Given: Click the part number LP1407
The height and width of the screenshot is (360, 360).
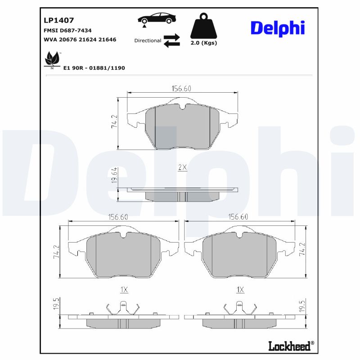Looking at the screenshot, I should click(58, 20).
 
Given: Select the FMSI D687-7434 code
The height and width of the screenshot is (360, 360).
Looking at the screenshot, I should click(67, 30).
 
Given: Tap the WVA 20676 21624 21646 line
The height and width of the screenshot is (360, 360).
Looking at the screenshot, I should click(80, 40).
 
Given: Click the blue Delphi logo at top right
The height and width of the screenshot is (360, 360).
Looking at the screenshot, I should click(278, 28).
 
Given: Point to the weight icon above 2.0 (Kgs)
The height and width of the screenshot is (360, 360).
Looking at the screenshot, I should click(203, 26).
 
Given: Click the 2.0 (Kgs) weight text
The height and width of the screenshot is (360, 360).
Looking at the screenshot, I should click(203, 43).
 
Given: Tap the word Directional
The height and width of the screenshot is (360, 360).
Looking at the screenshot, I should click(148, 40).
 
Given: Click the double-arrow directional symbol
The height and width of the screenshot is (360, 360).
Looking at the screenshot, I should click(171, 40).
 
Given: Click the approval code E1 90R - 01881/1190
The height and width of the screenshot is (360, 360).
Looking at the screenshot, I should click(94, 68).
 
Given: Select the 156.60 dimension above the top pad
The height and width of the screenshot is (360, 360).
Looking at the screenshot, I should click(182, 89).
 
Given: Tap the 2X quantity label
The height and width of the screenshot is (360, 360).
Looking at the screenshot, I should click(182, 167).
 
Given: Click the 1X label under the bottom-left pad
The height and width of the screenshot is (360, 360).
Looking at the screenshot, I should click(124, 290).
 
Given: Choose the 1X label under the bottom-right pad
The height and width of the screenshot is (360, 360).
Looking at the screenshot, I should click(240, 290).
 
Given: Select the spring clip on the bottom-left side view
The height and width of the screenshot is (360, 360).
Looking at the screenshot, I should click(124, 309).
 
